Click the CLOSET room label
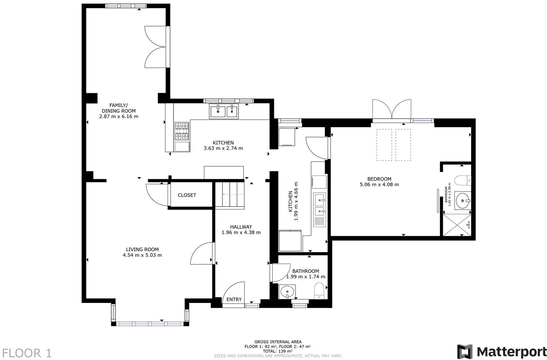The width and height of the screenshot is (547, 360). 187,195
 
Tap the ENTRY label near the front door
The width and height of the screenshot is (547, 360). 234,299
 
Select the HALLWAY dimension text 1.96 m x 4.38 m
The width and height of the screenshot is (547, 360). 241,232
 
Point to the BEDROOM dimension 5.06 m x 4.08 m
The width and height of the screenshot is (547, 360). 379,185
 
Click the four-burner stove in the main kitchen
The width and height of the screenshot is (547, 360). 182,131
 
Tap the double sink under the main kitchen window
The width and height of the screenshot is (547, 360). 224,111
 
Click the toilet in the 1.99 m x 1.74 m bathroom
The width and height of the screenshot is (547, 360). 319,291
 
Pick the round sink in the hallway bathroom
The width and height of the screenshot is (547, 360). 287,291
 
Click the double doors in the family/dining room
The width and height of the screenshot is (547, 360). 155,46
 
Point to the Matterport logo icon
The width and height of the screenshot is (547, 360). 465,351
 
